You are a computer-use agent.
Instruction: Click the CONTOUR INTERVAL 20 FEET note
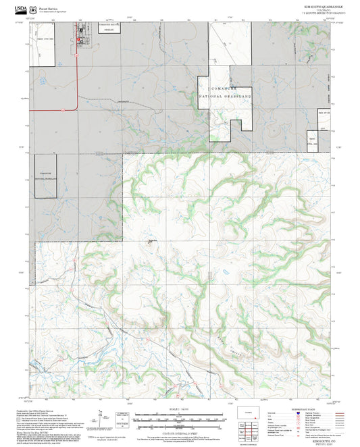click(180, 431)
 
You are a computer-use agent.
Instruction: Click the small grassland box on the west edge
click(45, 174)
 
